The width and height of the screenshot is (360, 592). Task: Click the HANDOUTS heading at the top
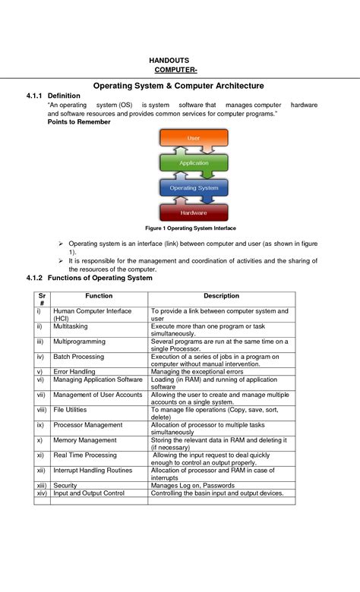[169, 60]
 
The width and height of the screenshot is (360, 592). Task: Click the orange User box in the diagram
[193, 139]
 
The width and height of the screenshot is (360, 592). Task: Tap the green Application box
[193, 162]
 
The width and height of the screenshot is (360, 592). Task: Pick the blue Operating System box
[193, 187]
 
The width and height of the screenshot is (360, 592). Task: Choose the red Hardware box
[193, 213]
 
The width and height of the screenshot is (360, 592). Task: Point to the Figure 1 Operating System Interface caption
[190, 228]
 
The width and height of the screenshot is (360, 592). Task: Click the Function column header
[99, 296]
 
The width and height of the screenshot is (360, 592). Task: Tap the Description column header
[221, 296]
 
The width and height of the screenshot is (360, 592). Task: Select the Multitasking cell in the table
[70, 326]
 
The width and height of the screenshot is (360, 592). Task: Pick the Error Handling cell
[74, 372]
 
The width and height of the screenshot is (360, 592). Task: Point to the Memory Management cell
[84, 440]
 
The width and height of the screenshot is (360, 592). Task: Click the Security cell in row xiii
[65, 485]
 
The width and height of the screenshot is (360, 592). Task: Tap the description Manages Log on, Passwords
[192, 485]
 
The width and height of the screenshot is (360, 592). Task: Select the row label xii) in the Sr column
[41, 471]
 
